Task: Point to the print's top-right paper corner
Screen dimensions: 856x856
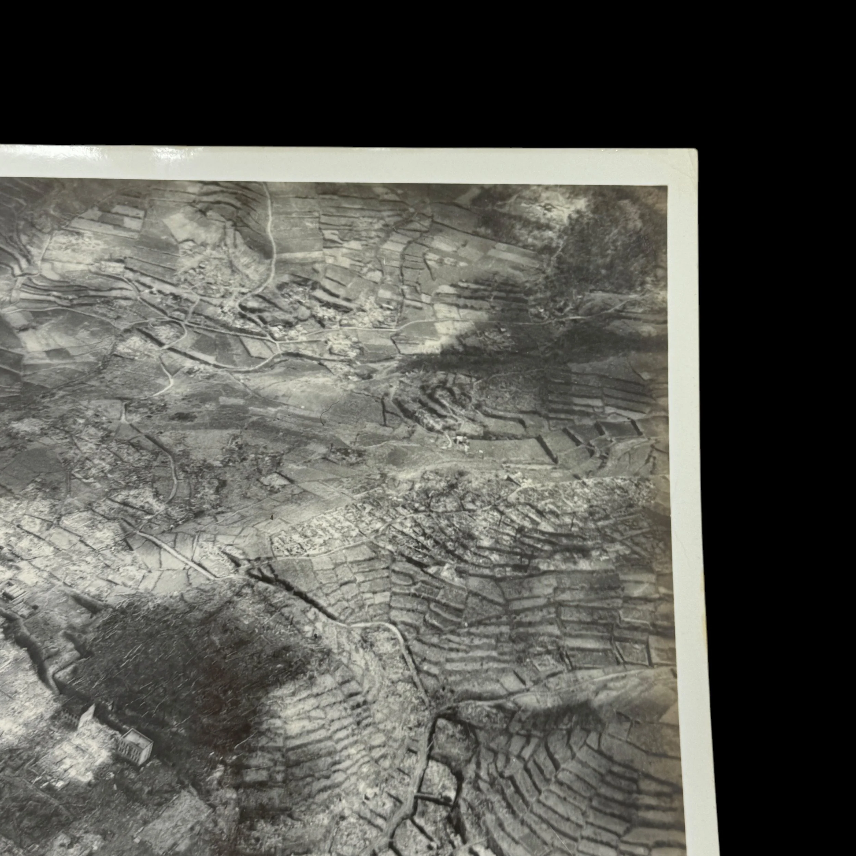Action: (696, 151)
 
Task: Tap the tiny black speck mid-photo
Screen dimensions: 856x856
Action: (271, 517)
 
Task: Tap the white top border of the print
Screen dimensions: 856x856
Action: (354, 164)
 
